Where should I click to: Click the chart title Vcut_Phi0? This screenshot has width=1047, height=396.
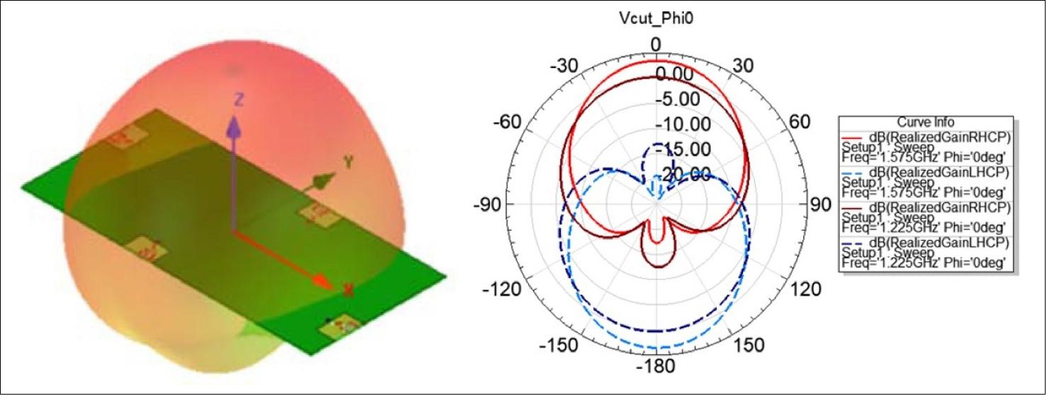(655, 20)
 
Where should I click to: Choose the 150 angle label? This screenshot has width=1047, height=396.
(749, 345)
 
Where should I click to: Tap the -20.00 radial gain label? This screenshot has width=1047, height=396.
(680, 174)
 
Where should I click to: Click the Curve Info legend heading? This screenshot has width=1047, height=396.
(926, 122)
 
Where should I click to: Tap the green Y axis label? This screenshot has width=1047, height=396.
(348, 162)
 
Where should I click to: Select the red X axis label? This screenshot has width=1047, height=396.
(348, 289)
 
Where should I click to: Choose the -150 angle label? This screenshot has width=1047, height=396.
(559, 345)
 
